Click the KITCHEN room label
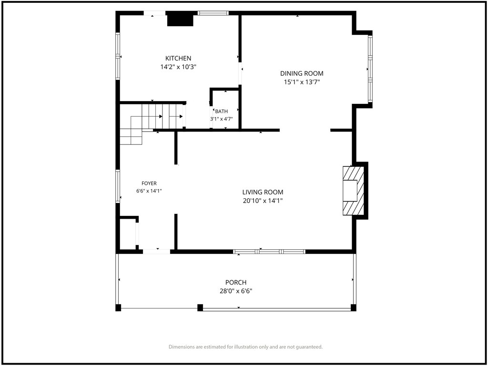[178, 58]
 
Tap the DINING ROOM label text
[302, 73]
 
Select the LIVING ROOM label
[263, 192]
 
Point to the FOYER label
[149, 183]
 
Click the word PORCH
[236, 283]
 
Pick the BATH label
[221, 111]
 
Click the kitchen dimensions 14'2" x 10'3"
[178, 67]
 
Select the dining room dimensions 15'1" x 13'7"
[302, 82]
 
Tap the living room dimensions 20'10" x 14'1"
[263, 201]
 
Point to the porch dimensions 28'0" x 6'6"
[236, 291]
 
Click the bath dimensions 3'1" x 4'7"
[221, 119]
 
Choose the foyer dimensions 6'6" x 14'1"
[149, 191]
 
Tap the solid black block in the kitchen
[181, 20]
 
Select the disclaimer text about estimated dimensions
[245, 347]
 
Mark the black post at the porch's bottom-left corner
[118, 307]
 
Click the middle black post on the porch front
[200, 307]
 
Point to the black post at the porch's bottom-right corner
[353, 307]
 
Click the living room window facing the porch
[269, 252]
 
